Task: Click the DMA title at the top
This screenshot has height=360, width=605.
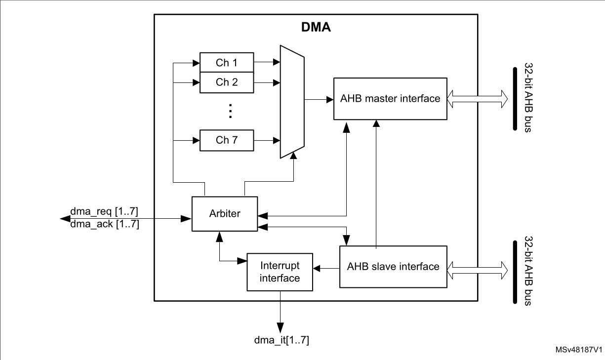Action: (316, 28)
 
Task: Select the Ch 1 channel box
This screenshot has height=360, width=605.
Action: (227, 63)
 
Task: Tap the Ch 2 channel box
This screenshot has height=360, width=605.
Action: (227, 82)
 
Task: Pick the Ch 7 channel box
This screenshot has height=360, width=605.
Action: (227, 140)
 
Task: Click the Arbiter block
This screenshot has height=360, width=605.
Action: (225, 213)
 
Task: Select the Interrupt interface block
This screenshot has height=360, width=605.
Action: (280, 272)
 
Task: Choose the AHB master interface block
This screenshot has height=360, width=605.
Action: (390, 98)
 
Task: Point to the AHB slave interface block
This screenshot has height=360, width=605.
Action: (393, 267)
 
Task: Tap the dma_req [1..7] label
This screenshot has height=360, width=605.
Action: (104, 212)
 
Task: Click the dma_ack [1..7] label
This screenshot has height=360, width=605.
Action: (104, 224)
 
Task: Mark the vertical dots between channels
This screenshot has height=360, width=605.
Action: (230, 112)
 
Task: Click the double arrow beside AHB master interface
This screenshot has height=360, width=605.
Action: (477, 98)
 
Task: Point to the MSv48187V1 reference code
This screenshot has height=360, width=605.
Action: (578, 350)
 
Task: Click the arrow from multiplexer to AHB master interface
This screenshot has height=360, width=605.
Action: (319, 99)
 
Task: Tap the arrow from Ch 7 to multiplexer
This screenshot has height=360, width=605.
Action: (267, 141)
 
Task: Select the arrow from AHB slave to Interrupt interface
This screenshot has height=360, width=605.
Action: (326, 269)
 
